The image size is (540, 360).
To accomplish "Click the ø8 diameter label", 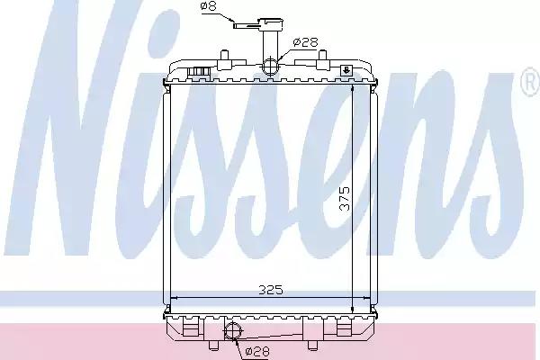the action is click(x=209, y=6).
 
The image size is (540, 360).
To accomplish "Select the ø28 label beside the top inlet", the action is click(x=305, y=42).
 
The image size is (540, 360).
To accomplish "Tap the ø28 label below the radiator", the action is click(x=257, y=351).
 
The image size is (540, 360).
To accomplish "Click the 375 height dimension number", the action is click(x=345, y=198).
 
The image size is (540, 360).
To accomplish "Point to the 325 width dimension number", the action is click(x=271, y=290).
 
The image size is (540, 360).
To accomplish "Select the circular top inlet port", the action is click(x=270, y=66).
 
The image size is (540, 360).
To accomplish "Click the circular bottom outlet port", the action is click(x=232, y=330).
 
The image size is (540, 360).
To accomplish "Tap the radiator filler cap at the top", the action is click(x=272, y=23).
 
